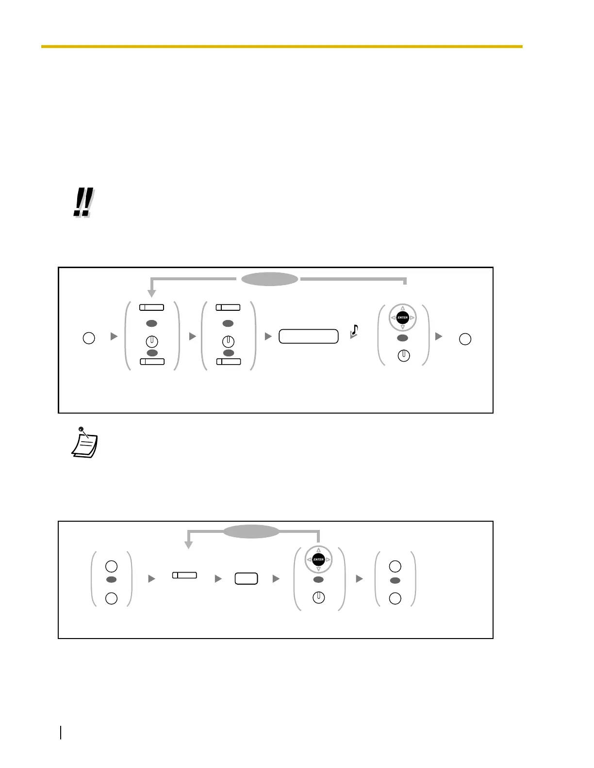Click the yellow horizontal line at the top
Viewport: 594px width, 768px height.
pyautogui.click(x=281, y=47)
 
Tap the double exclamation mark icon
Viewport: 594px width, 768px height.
pyautogui.click(x=83, y=203)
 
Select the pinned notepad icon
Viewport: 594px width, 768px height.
pyautogui.click(x=84, y=443)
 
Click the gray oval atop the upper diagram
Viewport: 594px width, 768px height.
pyautogui.click(x=269, y=279)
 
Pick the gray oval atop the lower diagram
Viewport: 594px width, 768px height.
pyautogui.click(x=251, y=531)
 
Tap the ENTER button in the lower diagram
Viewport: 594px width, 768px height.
pyautogui.click(x=318, y=560)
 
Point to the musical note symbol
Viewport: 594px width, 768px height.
pyautogui.click(x=354, y=331)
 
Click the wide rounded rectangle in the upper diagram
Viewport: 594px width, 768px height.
pyautogui.click(x=308, y=336)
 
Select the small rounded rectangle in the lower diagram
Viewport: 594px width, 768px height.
pyautogui.click(x=246, y=578)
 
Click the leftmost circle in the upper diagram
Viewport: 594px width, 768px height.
pyautogui.click(x=89, y=338)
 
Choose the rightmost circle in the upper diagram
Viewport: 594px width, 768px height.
pyautogui.click(x=465, y=339)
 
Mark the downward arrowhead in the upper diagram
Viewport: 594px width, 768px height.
pyautogui.click(x=151, y=293)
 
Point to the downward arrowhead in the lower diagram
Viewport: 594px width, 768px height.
pyautogui.click(x=189, y=545)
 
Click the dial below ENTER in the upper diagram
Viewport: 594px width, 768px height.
pyautogui.click(x=403, y=356)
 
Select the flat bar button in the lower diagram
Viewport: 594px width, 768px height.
pyautogui.click(x=184, y=576)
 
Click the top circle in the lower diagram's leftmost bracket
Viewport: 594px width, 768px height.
pyautogui.click(x=111, y=566)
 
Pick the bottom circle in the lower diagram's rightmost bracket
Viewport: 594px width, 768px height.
pyautogui.click(x=396, y=598)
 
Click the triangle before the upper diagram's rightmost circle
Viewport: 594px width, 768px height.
pyautogui.click(x=439, y=336)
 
